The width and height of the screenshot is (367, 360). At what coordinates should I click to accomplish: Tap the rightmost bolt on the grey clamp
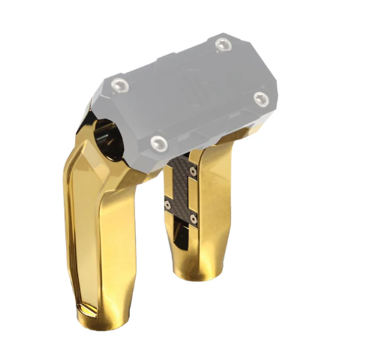tap(260, 98)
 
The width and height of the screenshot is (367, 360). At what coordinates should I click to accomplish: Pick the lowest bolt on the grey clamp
tap(156, 142)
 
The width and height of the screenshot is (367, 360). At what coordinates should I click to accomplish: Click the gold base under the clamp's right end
tap(240, 142)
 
